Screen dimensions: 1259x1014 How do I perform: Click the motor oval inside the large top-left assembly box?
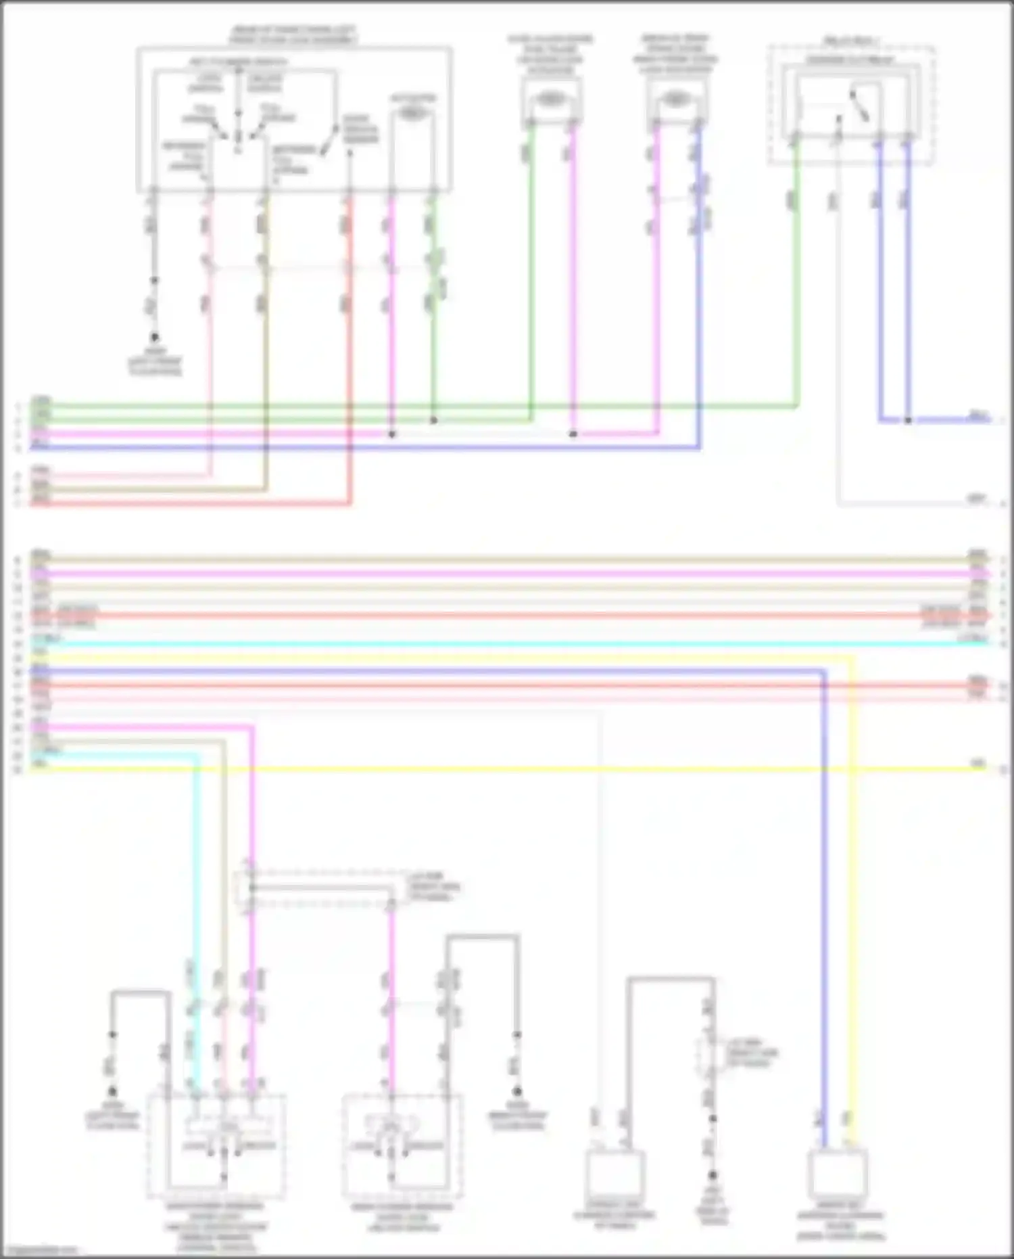point(411,113)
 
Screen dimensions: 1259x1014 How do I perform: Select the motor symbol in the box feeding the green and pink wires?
point(551,99)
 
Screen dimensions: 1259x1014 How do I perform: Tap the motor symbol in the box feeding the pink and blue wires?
point(675,99)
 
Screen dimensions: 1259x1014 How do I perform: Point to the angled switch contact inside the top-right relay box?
point(861,106)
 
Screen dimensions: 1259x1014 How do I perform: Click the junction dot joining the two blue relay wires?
point(908,420)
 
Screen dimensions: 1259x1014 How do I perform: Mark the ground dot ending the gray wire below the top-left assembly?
point(154,337)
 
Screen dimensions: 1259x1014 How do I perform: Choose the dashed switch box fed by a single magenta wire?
point(402,1143)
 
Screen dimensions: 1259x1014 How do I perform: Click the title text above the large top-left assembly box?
point(293,35)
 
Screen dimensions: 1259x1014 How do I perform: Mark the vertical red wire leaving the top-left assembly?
point(349,352)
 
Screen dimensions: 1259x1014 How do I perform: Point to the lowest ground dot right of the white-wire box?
point(712,1176)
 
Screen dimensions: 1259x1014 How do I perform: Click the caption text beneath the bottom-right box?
point(840,1225)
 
